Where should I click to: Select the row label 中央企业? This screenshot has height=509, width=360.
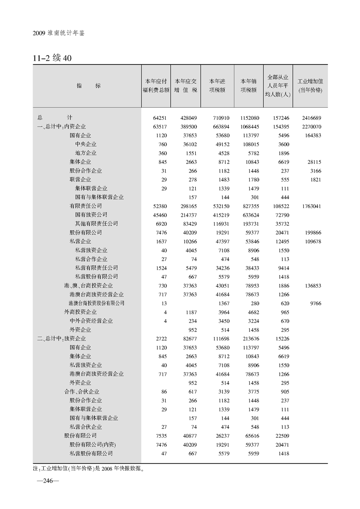pyautogui.click(x=86, y=144)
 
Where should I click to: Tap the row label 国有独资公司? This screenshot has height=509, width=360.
pyautogui.click(x=91, y=215)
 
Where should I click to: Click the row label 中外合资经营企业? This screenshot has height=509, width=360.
pyautogui.click(x=94, y=321)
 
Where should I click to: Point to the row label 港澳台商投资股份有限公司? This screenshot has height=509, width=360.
pyautogui.click(x=97, y=303)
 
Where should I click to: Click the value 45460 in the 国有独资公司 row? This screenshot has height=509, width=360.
pyautogui.click(x=158, y=215)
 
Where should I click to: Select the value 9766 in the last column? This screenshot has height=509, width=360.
pyautogui.click(x=313, y=303)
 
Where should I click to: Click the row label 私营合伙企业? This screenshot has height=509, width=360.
pyautogui.click(x=86, y=427)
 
